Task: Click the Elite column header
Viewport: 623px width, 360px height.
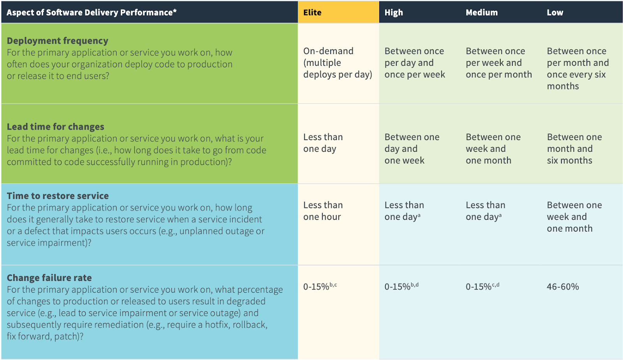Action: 312,12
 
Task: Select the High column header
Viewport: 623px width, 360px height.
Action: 394,12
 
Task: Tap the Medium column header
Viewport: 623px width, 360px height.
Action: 482,12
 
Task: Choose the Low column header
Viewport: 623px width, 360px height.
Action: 555,12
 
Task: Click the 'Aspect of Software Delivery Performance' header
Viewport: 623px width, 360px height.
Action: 92,12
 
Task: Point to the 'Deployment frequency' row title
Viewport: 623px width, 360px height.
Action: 57,41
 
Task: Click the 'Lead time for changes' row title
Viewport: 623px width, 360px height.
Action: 55,127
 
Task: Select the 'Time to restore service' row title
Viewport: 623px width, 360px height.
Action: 58,196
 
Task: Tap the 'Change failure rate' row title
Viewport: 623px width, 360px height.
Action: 49,278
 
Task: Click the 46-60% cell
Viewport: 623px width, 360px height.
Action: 563,287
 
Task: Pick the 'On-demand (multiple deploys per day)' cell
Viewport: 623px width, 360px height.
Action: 337,63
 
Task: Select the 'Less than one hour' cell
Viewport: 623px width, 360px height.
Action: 323,211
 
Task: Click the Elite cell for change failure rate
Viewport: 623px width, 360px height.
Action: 320,287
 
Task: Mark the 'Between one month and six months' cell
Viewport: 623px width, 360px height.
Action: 574,149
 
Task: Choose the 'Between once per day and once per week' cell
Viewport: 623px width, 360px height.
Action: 414,63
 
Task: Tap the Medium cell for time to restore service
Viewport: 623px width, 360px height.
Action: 485,211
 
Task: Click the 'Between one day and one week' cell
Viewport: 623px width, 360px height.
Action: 412,149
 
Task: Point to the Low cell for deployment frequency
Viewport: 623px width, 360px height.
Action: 577,68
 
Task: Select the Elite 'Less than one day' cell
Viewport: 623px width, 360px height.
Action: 323,143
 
